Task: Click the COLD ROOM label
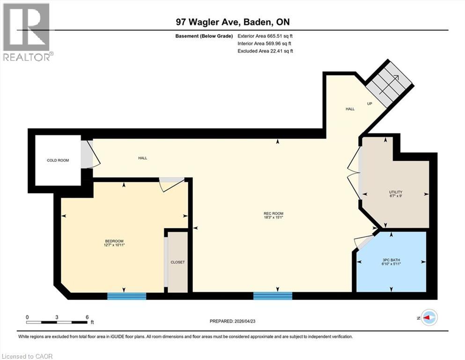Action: tap(58, 160)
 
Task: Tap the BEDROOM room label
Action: tap(114, 240)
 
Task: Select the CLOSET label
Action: tap(177, 262)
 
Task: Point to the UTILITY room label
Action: tap(396, 192)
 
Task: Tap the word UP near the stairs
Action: tap(369, 104)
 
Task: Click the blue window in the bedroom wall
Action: tap(126, 296)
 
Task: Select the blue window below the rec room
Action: tap(273, 296)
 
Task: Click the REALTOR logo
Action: tap(27, 32)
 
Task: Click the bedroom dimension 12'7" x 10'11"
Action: tap(114, 245)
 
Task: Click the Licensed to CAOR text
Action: tap(27, 356)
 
